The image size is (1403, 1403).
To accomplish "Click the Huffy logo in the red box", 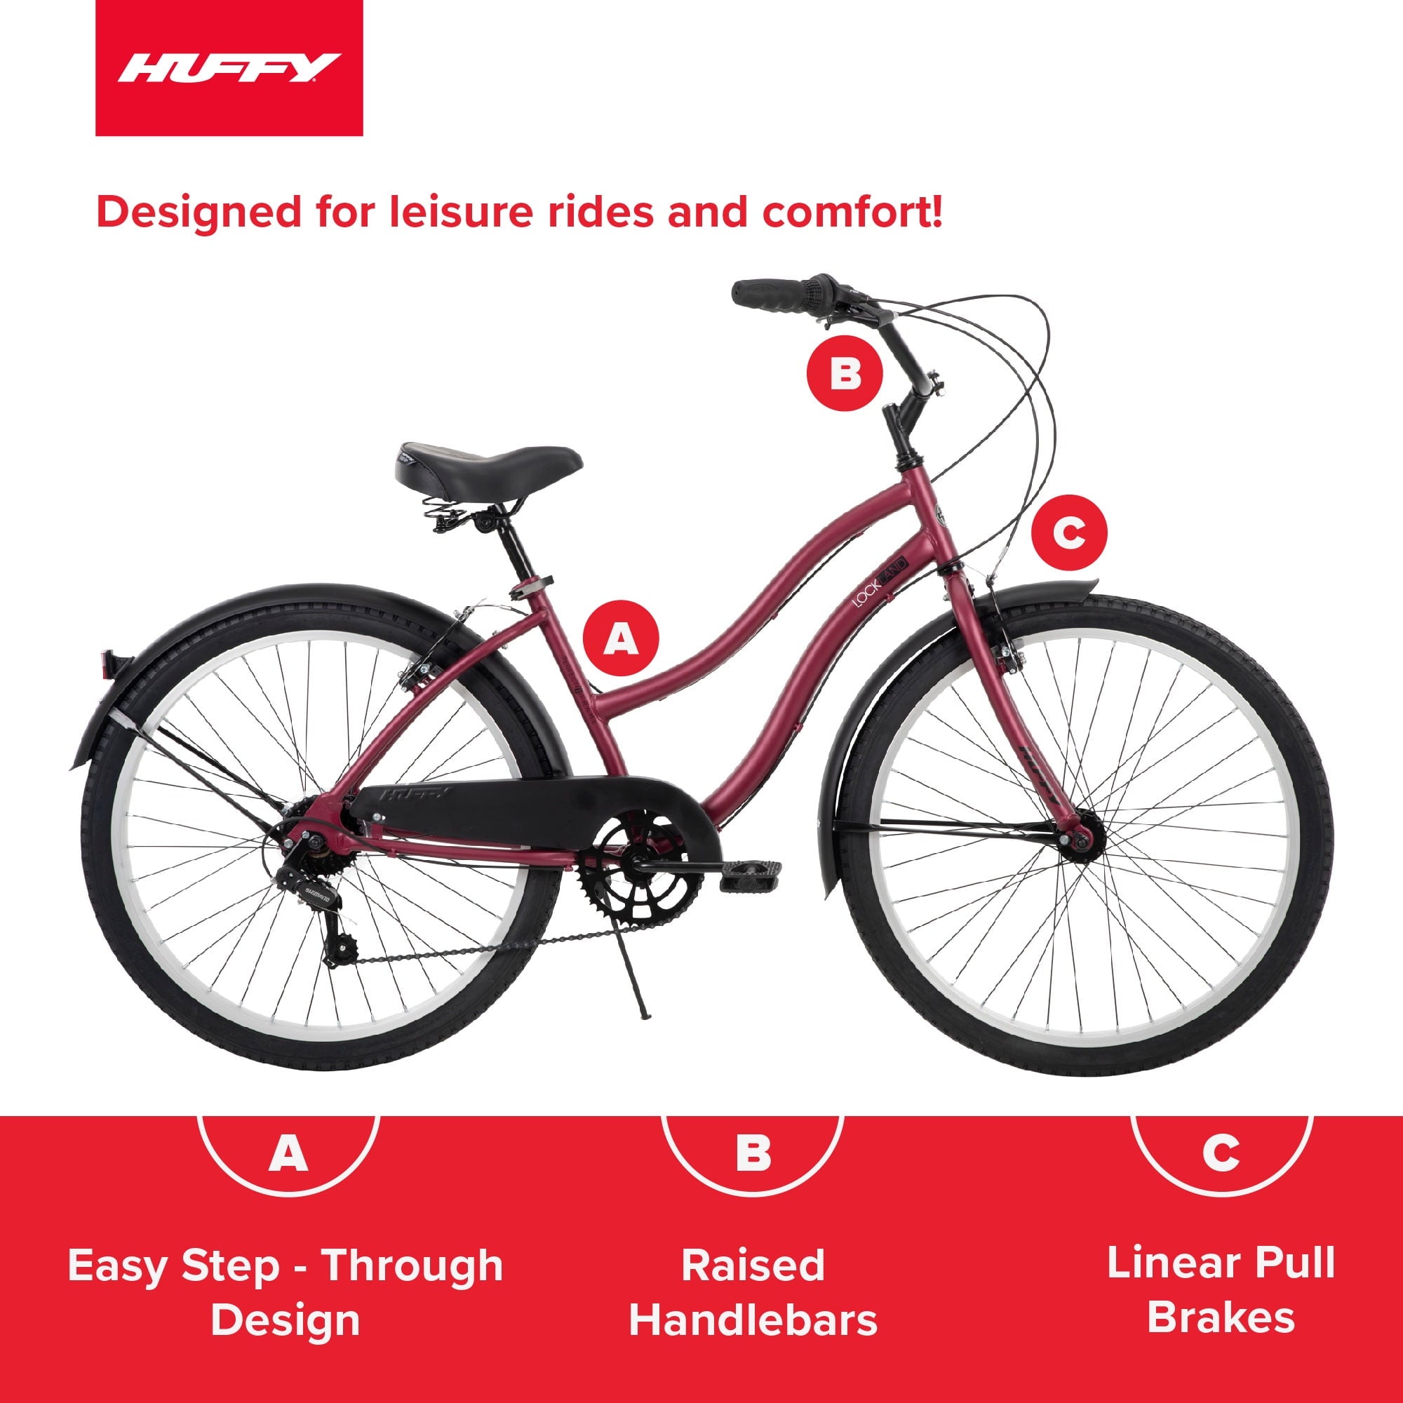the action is tap(229, 69).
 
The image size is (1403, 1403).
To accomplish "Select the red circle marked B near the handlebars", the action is tap(845, 374).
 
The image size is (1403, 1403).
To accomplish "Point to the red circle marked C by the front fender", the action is tap(1070, 533).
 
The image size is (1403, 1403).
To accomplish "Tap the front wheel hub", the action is tap(1080, 840).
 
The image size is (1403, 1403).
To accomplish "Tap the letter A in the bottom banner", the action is tap(288, 1153).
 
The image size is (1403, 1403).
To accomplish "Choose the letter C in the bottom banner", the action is tap(1221, 1153).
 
